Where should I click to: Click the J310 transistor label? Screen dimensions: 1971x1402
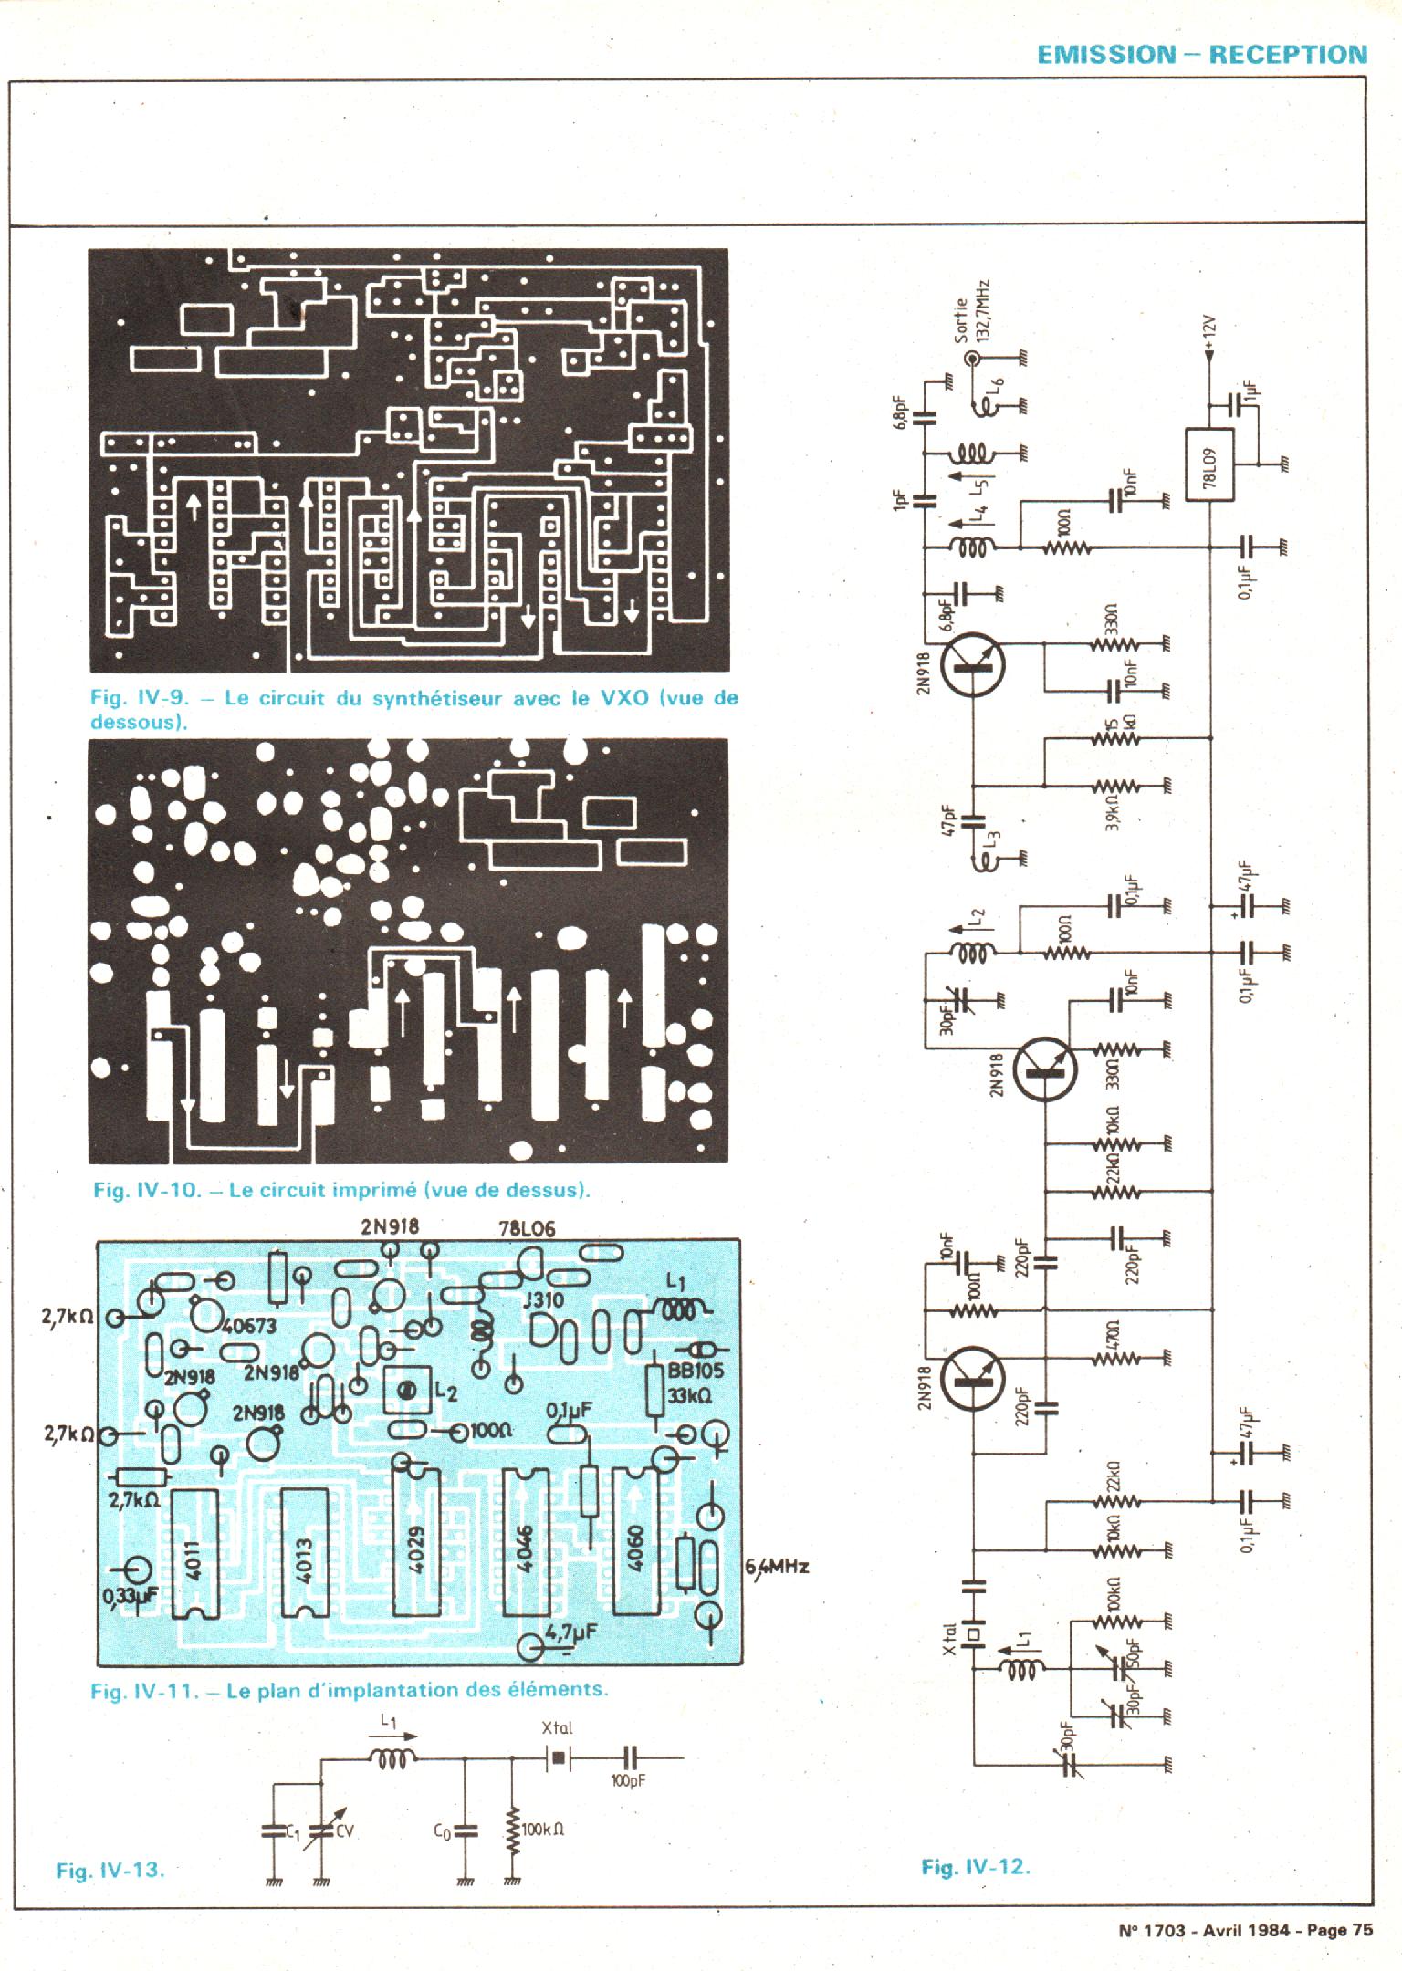(543, 1299)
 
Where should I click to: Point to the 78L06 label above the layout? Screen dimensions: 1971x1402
(527, 1229)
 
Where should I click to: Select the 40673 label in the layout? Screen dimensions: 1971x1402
(249, 1326)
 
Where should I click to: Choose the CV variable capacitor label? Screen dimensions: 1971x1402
(344, 1829)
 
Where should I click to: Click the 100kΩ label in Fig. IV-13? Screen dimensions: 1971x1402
(542, 1829)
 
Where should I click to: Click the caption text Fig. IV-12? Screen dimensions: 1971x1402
(975, 1866)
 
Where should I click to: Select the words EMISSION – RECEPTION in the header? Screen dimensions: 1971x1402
(1202, 55)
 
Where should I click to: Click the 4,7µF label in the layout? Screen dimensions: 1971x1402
(573, 1630)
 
